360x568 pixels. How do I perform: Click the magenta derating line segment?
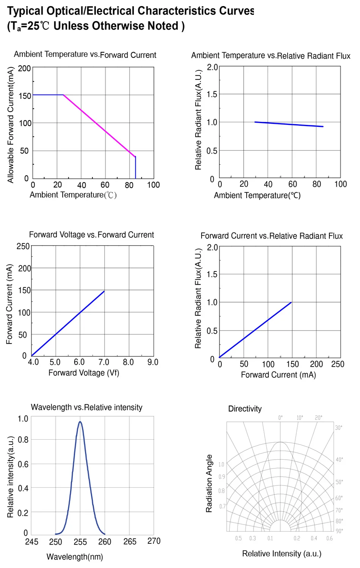pyautogui.click(x=99, y=126)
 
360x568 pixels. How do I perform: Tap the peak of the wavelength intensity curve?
pyautogui.click(x=80, y=422)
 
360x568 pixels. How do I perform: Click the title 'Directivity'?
pyautogui.click(x=245, y=409)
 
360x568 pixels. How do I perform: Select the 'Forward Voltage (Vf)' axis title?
pyautogui.click(x=84, y=373)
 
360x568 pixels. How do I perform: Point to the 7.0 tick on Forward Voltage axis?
pyautogui.click(x=103, y=362)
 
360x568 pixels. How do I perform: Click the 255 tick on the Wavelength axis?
pyautogui.click(x=80, y=542)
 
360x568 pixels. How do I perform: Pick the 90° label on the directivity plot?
pyautogui.click(x=339, y=531)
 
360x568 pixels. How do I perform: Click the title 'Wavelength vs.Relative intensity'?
pyautogui.click(x=86, y=407)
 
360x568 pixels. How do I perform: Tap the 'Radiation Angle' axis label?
pyautogui.click(x=209, y=484)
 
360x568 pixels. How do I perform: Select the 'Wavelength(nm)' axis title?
pyautogui.click(x=75, y=557)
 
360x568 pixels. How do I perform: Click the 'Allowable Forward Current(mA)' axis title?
pyautogui.click(x=11, y=125)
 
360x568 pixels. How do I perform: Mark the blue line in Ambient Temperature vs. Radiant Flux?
pyautogui.click(x=289, y=124)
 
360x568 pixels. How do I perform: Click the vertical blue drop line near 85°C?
pyautogui.click(x=136, y=167)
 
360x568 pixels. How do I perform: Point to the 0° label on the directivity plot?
pyautogui.click(x=280, y=418)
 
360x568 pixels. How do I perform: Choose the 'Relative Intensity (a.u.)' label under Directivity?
pyautogui.click(x=282, y=554)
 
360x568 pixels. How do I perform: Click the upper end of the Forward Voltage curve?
pyautogui.click(x=104, y=291)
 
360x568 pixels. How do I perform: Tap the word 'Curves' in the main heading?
pyautogui.click(x=235, y=11)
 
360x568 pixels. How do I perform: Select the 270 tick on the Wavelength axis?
pyautogui.click(x=154, y=541)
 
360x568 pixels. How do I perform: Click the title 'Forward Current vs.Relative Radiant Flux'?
pyautogui.click(x=271, y=236)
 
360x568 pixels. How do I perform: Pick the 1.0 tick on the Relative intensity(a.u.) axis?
pyautogui.click(x=23, y=419)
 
